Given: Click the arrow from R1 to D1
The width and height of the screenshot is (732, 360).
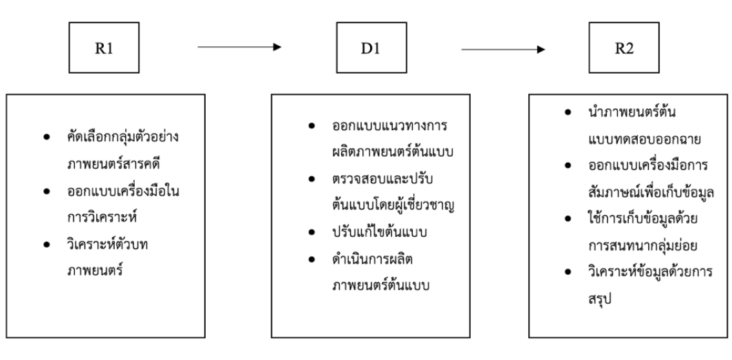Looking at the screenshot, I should click(x=239, y=47).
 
